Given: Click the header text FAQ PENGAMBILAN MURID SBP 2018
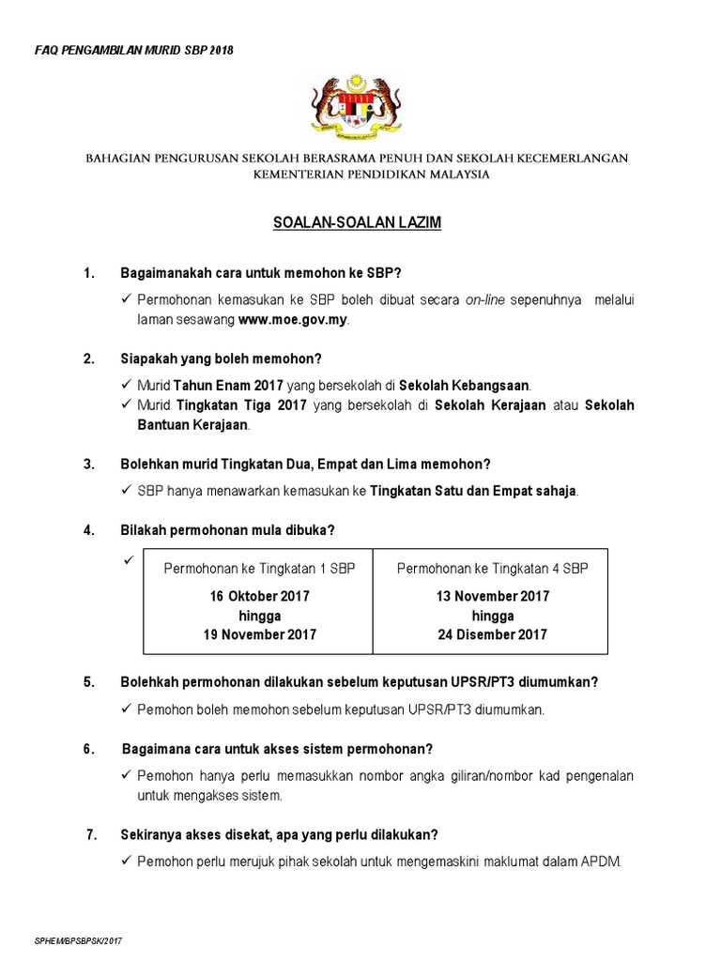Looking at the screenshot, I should (133, 49).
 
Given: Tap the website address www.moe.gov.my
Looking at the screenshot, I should (293, 320).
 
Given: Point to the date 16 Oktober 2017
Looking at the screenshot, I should (260, 596).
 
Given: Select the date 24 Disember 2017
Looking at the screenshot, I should (493, 634).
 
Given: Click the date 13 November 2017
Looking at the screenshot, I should (493, 596).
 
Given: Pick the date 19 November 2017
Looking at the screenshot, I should (260, 634).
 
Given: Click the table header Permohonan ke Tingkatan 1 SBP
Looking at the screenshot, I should (260, 569).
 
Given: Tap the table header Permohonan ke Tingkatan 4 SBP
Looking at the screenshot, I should (493, 569).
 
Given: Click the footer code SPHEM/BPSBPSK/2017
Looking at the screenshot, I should (79, 939).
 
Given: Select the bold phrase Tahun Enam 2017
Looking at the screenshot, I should (221, 386).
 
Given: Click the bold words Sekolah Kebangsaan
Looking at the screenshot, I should (465, 386).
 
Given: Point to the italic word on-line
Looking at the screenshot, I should (485, 299).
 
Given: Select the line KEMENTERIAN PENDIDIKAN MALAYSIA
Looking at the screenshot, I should (357, 175).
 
